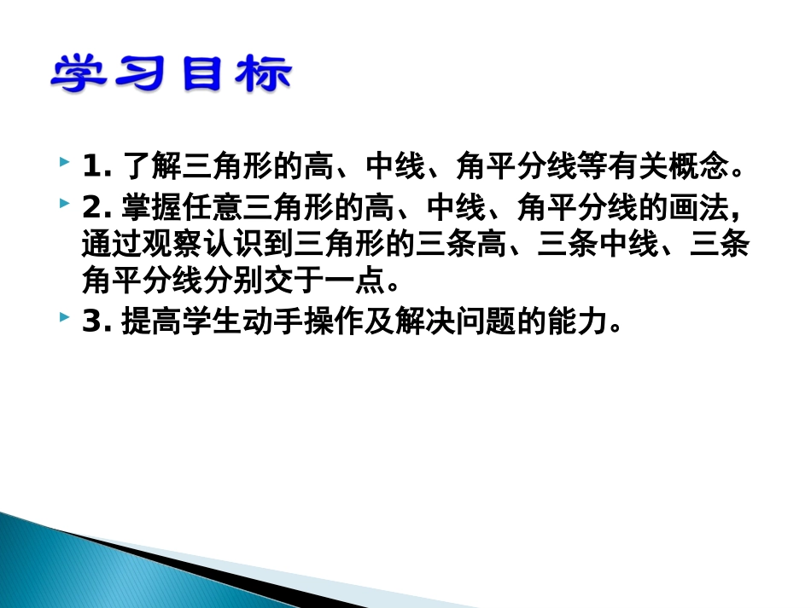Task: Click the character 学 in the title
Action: click(77, 75)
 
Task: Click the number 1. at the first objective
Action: click(97, 165)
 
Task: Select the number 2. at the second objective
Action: click(97, 207)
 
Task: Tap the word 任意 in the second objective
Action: click(213, 207)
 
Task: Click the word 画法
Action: click(701, 207)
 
